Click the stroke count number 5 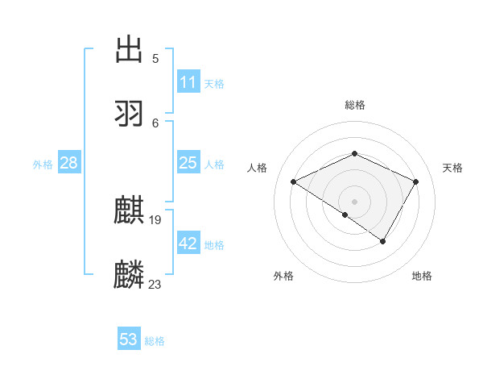click(x=155, y=59)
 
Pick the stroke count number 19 click(x=156, y=220)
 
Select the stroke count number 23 click(x=155, y=284)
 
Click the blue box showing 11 click(x=188, y=82)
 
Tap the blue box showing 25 click(x=188, y=163)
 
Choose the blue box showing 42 click(x=188, y=244)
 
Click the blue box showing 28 click(x=68, y=163)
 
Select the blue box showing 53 click(x=128, y=339)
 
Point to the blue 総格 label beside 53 click(x=155, y=341)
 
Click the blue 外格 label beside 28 click(x=43, y=165)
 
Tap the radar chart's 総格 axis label click(x=355, y=105)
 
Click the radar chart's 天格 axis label click(x=452, y=168)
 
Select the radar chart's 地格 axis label click(x=422, y=276)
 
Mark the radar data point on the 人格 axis click(x=294, y=182)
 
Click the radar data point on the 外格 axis click(x=345, y=214)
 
